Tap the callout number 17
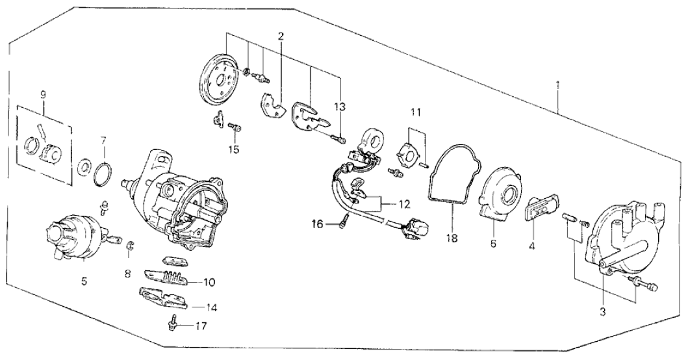click(x=201, y=325)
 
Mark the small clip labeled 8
click(x=129, y=245)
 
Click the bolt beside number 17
click(x=175, y=322)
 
